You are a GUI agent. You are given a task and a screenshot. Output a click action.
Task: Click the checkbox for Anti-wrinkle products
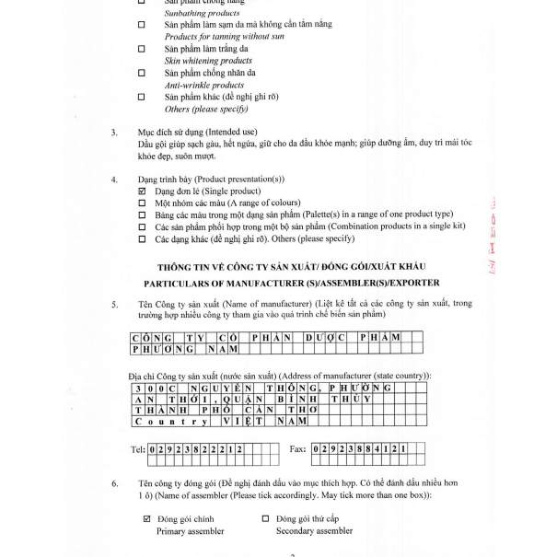click(x=141, y=72)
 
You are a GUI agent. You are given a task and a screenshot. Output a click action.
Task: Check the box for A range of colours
click(x=142, y=203)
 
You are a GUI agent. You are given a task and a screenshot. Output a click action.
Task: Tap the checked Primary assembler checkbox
click(x=146, y=518)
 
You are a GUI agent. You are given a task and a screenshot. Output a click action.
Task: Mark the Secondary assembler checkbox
click(x=266, y=518)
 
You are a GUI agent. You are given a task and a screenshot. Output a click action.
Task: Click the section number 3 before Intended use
click(x=114, y=132)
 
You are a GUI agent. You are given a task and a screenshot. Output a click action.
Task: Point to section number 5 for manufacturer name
click(x=114, y=303)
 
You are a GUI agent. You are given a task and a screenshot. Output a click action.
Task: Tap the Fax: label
click(x=296, y=449)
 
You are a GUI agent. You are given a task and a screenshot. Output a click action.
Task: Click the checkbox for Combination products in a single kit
click(x=142, y=226)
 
